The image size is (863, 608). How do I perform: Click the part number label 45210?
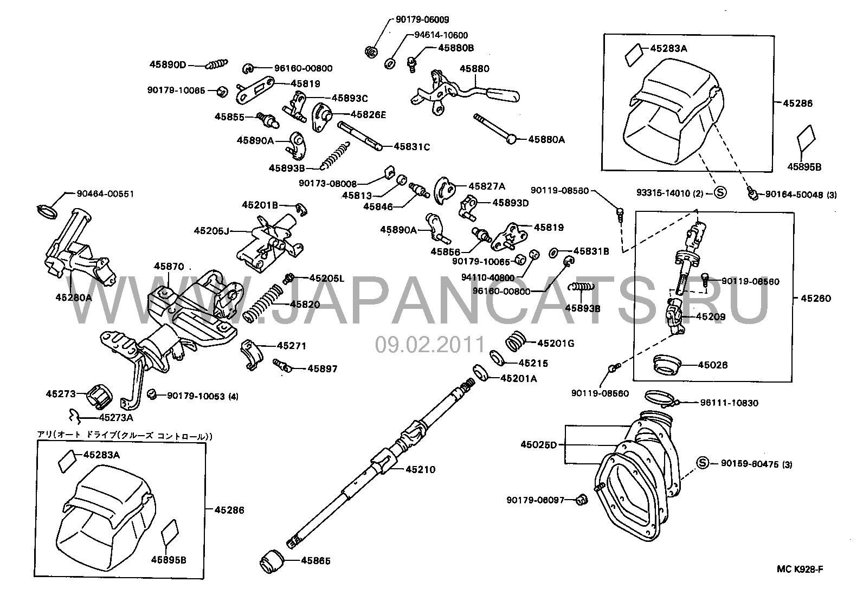tap(420, 469)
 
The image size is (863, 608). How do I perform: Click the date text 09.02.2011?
tap(430, 344)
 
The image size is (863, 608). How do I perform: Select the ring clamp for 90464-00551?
tap(48, 209)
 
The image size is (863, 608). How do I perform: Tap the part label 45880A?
tap(546, 139)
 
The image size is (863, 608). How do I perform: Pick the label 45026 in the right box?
tap(712, 365)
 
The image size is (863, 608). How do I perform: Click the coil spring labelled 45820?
tap(263, 305)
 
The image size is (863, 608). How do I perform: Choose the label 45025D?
tap(539, 445)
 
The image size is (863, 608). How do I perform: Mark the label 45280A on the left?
tap(74, 297)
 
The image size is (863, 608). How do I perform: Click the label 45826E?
tap(369, 114)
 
